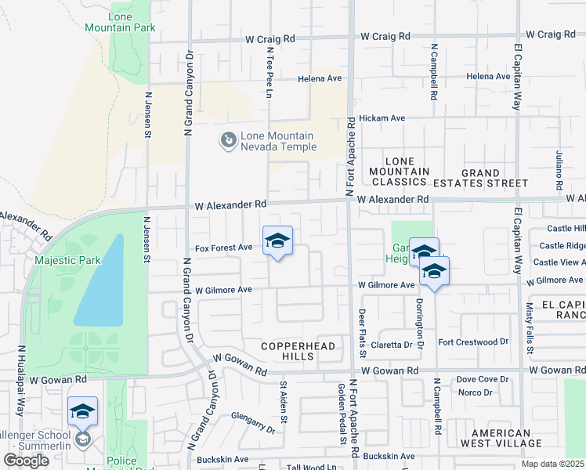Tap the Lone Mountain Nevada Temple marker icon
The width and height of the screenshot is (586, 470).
[x=228, y=140]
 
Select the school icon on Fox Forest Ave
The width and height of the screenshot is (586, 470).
[x=277, y=241]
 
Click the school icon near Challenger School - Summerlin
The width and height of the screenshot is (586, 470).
[x=82, y=412]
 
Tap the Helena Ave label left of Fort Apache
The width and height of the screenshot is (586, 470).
[x=320, y=79]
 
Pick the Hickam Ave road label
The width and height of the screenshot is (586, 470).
[x=382, y=118]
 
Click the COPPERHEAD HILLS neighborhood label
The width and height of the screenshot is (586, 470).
[x=298, y=351]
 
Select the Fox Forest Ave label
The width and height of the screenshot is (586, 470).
[x=223, y=248]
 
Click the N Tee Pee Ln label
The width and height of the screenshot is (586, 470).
[x=268, y=72]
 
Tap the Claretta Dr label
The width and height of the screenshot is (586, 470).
[x=392, y=345]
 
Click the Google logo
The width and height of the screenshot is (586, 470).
[x=27, y=461]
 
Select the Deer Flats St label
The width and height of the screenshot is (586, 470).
[x=362, y=333]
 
